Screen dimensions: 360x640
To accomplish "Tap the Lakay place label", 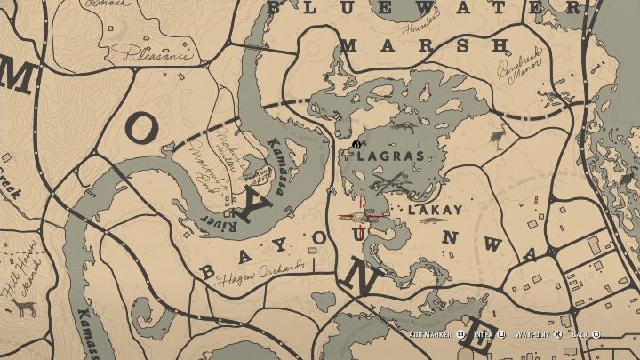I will click(435, 211).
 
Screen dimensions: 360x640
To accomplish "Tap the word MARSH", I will click(425, 45).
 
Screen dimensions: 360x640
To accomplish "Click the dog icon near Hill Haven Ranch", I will click(22, 308).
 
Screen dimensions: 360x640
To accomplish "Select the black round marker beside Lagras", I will click(356, 144).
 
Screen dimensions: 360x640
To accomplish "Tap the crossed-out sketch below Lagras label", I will click(391, 185).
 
